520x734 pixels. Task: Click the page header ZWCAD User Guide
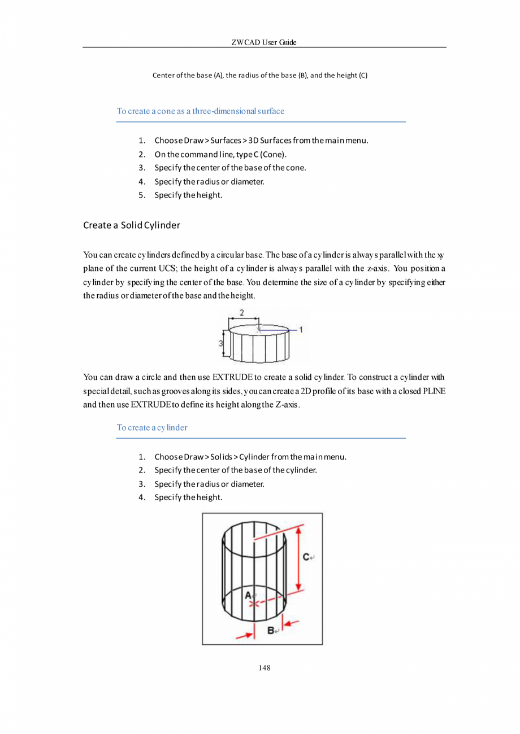click(264, 42)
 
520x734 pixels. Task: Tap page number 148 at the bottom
click(264, 669)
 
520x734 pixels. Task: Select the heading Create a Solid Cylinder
click(131, 225)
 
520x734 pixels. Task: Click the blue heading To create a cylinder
click(151, 427)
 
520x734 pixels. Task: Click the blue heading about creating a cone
click(200, 111)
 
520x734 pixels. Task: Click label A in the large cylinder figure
click(249, 595)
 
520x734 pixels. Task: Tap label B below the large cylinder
click(271, 630)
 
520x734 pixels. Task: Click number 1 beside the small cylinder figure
click(301, 329)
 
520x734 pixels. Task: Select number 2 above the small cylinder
click(242, 312)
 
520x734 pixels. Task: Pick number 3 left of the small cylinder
click(221, 343)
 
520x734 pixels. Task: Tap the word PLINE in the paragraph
click(435, 391)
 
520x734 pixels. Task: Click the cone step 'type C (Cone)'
click(220, 154)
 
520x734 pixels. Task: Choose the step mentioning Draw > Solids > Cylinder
click(250, 456)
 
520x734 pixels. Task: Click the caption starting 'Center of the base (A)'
click(260, 75)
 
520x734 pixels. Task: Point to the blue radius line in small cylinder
click(277, 329)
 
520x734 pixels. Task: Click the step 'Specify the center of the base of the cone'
click(230, 168)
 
